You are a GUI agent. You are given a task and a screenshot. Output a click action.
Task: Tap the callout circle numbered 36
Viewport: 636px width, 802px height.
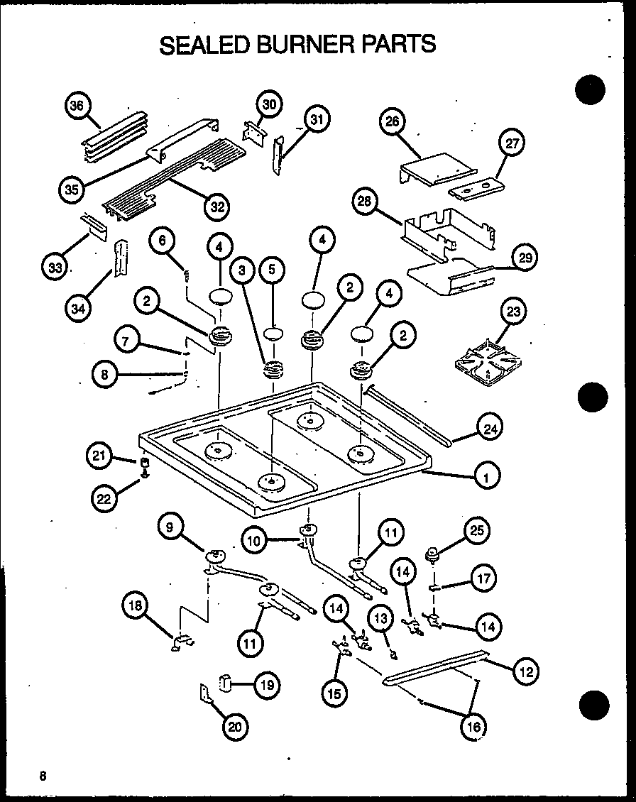tap(76, 106)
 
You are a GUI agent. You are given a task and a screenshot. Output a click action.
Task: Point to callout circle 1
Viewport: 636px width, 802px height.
tap(486, 478)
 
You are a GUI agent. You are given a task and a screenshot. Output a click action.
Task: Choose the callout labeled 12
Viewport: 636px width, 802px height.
tap(526, 671)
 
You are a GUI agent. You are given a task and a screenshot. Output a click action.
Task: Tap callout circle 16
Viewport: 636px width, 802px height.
tap(473, 725)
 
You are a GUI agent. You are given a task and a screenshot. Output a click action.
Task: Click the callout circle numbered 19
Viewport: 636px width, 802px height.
tap(265, 685)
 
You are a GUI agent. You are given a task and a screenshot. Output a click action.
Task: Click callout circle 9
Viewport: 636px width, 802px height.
tap(170, 527)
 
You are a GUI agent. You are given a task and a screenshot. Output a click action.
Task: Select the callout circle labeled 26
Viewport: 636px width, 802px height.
tap(392, 121)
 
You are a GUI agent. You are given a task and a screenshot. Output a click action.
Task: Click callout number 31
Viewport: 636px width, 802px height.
tap(317, 120)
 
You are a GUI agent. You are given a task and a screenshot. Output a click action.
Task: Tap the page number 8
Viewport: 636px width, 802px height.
tap(43, 775)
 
